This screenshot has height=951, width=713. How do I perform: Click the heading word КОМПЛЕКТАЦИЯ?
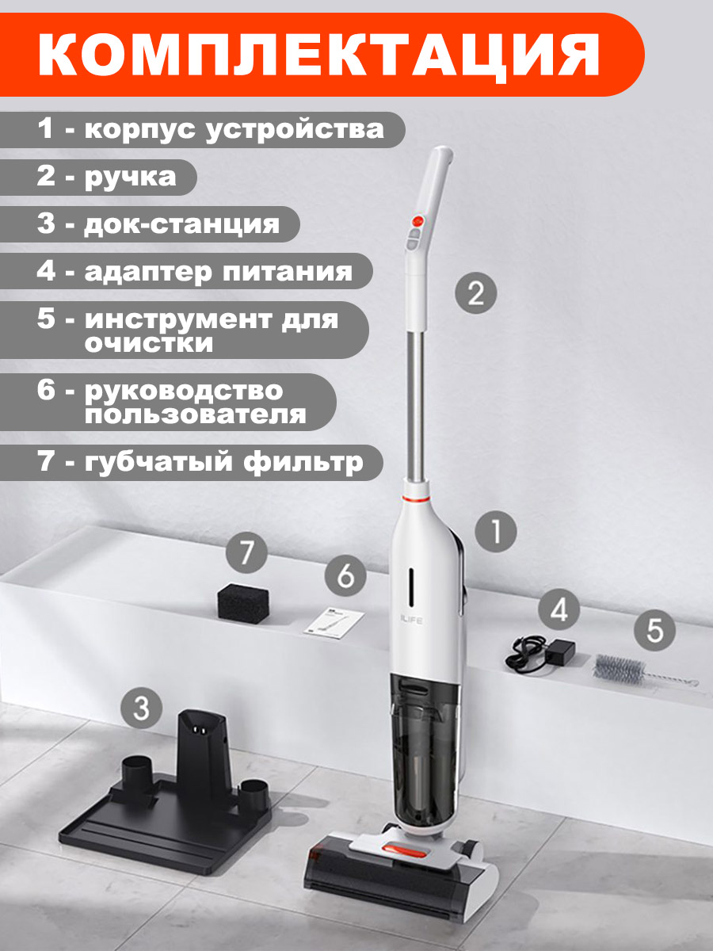click(x=318, y=54)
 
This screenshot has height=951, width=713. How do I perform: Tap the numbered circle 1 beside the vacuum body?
click(x=496, y=533)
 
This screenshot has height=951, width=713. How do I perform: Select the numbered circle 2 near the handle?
click(x=476, y=293)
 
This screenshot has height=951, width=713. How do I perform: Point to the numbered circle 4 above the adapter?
click(x=559, y=610)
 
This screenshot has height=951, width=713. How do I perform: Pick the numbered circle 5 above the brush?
click(x=654, y=630)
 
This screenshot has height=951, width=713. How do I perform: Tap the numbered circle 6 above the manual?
click(x=345, y=576)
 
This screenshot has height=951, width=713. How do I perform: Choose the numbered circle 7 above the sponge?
click(x=246, y=553)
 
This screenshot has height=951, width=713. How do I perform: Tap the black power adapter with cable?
click(x=540, y=653)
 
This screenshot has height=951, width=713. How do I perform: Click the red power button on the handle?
click(x=418, y=220)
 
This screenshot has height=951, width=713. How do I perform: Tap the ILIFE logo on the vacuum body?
click(x=410, y=621)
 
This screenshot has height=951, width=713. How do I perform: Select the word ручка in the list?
click(x=130, y=178)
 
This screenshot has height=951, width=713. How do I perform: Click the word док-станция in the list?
click(x=182, y=225)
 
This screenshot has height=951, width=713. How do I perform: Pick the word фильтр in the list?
click(x=303, y=462)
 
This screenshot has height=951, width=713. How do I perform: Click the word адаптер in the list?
click(x=148, y=273)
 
